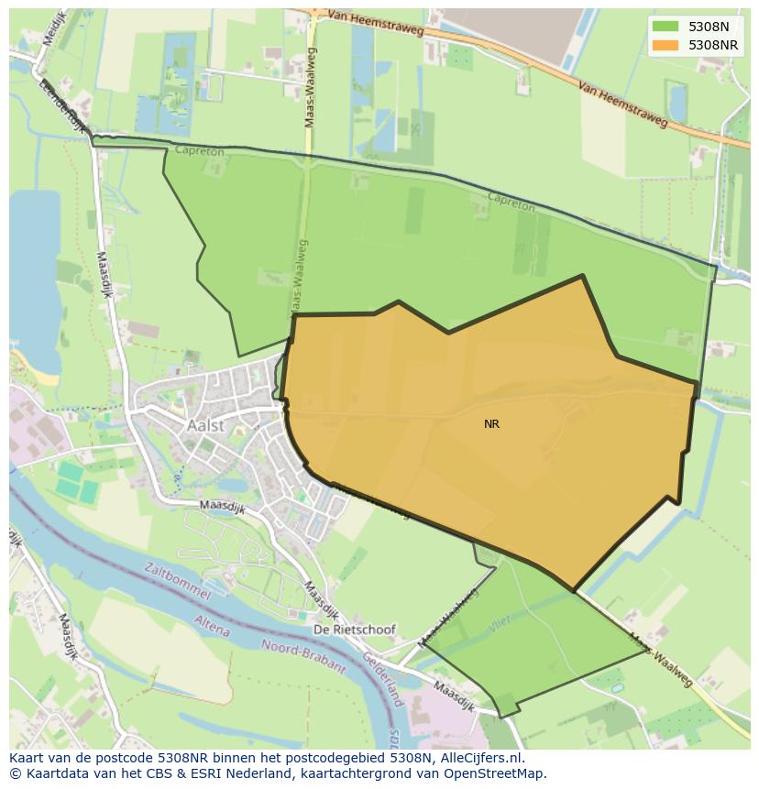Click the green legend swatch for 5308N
(665, 27)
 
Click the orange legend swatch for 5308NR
(665, 44)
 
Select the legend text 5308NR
(713, 44)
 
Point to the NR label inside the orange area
(492, 424)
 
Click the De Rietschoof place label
(355, 630)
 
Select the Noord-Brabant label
(303, 655)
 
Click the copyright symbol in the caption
(16, 773)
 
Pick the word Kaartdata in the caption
(57, 773)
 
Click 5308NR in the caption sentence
(186, 758)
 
